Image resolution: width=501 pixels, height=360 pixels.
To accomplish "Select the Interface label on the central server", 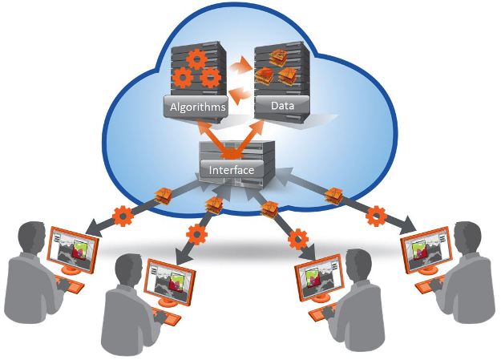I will [231, 171].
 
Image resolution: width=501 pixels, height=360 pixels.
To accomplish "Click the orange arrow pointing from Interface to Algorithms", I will [207, 133].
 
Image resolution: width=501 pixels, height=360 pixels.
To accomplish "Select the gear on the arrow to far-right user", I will [375, 214].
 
